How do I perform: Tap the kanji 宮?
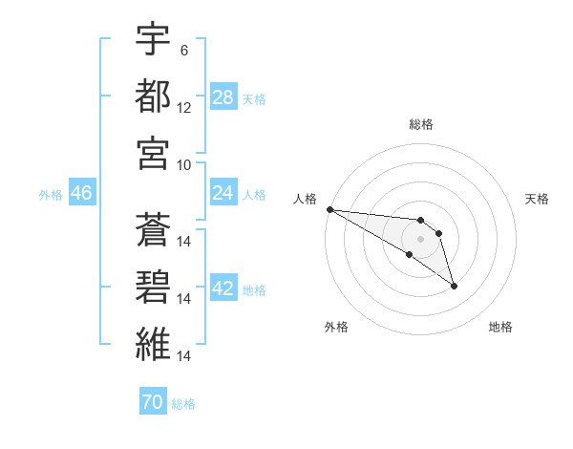point(153,152)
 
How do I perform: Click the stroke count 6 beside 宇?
point(183,50)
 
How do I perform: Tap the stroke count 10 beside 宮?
point(184,163)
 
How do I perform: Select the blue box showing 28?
point(223,96)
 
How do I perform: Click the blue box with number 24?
point(223,193)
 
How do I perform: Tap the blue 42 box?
point(223,289)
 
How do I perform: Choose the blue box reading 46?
point(81,193)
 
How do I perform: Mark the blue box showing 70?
point(153,403)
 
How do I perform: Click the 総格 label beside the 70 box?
point(183,404)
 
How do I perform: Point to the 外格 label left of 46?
point(51,194)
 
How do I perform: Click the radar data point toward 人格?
point(329,208)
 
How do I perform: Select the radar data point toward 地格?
point(454,286)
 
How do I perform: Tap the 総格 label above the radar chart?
point(421,124)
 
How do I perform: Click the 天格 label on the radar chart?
point(537,199)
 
